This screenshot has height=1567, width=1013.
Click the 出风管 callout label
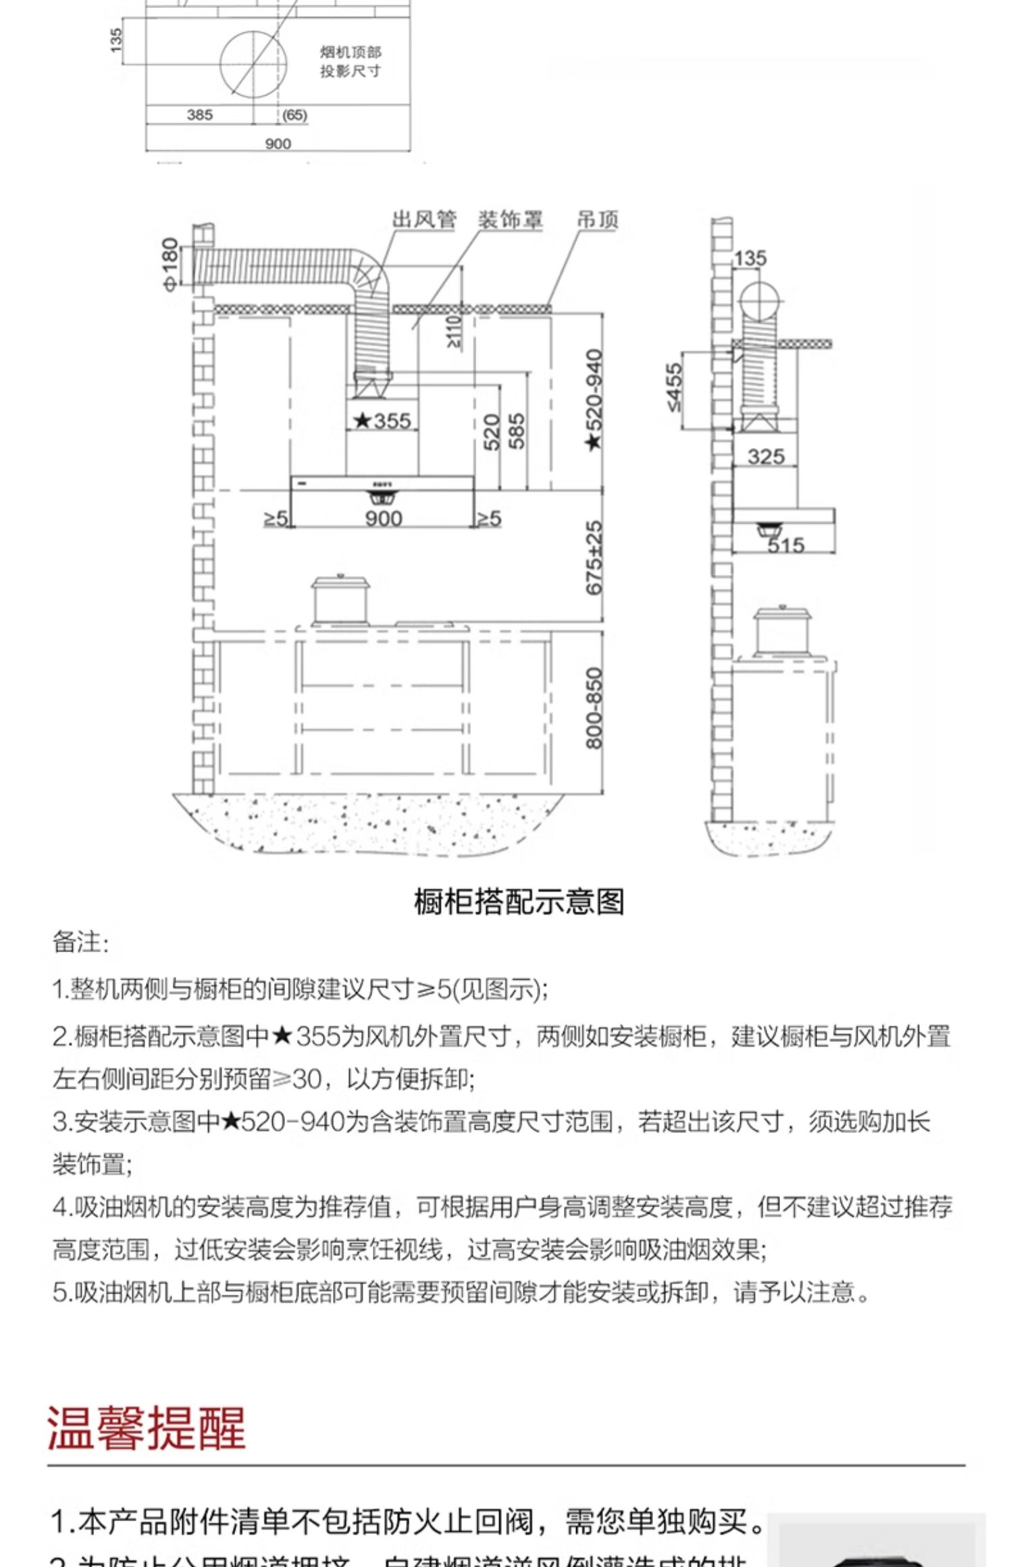(x=424, y=220)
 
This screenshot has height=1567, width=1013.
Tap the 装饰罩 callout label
(x=510, y=220)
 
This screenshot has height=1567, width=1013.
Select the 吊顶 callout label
(x=597, y=220)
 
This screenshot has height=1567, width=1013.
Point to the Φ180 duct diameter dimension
(x=170, y=264)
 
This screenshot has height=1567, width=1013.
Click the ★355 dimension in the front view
(x=382, y=421)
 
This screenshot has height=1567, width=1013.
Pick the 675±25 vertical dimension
(x=594, y=557)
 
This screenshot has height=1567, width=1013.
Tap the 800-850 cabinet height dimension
(x=594, y=708)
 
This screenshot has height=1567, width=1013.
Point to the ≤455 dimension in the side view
(x=675, y=387)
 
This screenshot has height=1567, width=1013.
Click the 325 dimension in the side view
(x=766, y=457)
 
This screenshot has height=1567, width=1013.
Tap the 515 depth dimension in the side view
(x=785, y=545)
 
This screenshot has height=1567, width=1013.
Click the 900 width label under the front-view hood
(x=384, y=518)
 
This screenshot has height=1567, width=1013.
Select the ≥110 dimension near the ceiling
(x=454, y=331)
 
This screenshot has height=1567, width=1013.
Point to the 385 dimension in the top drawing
(x=200, y=115)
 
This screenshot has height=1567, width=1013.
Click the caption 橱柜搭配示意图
(x=519, y=902)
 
